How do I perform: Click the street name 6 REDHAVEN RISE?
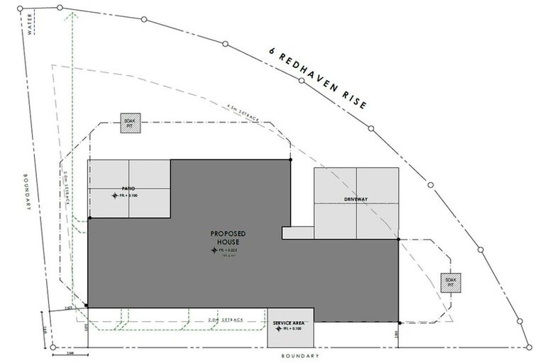pos(318,78)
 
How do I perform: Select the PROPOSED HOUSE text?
pos(229,238)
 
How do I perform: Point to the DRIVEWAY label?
pos(356,199)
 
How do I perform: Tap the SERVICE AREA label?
pos(290,323)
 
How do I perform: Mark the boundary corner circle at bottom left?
pos(53,347)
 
